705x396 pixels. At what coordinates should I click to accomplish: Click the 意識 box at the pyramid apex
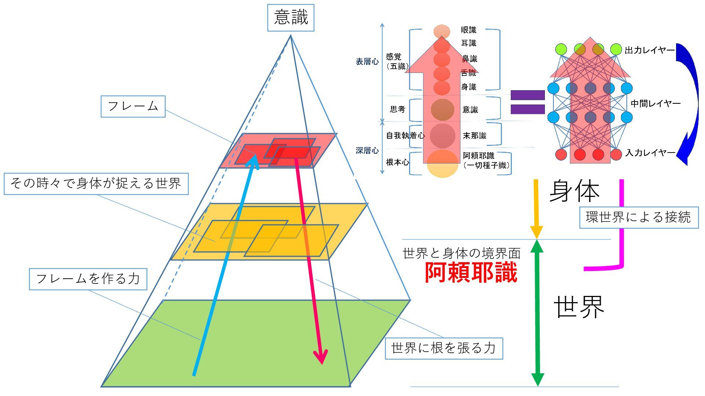(290, 18)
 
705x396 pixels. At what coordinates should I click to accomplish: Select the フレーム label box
(133, 107)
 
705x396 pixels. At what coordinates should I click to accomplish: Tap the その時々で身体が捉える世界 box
(96, 183)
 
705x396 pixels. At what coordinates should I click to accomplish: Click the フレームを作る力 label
(88, 279)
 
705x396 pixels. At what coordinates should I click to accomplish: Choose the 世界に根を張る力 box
(444, 348)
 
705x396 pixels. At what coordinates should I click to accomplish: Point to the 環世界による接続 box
(639, 217)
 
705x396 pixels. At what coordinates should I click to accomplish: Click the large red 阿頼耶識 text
(471, 272)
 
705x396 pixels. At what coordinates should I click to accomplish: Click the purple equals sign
(527, 102)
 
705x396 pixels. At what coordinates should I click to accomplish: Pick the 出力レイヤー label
(650, 50)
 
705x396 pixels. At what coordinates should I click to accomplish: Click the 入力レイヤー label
(650, 153)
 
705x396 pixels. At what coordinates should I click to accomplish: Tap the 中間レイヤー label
(655, 104)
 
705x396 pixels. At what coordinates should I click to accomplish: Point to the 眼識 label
(469, 30)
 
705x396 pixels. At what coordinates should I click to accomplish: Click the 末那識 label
(474, 136)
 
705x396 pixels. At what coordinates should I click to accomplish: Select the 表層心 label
(367, 62)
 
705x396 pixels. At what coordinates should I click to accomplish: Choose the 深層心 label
(367, 150)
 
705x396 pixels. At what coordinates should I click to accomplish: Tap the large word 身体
(574, 191)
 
